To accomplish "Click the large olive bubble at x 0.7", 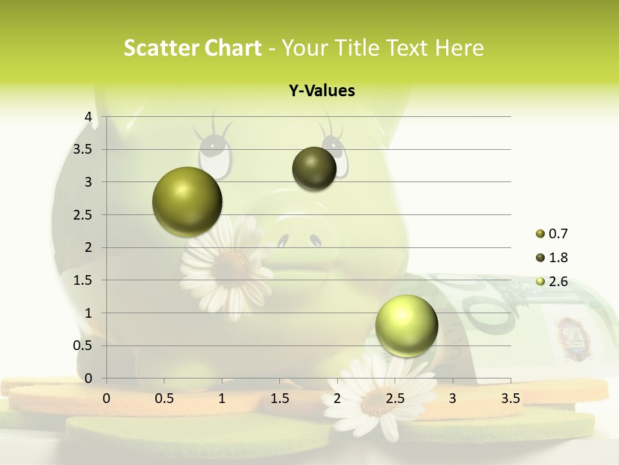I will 188,201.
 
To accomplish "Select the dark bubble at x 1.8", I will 314,169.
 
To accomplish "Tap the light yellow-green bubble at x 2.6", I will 406,325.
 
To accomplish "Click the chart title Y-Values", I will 322,91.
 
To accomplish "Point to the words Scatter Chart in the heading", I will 192,48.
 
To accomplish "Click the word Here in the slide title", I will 459,48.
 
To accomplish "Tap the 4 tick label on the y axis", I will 88,117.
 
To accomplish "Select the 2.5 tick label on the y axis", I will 83,215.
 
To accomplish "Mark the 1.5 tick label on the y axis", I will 83,280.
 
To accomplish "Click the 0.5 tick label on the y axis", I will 83,346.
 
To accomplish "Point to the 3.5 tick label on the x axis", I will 510,398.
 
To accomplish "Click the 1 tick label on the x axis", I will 222,398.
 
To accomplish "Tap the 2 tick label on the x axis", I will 337,398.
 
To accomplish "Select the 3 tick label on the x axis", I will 453,398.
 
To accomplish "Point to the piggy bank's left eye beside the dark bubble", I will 215,154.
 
